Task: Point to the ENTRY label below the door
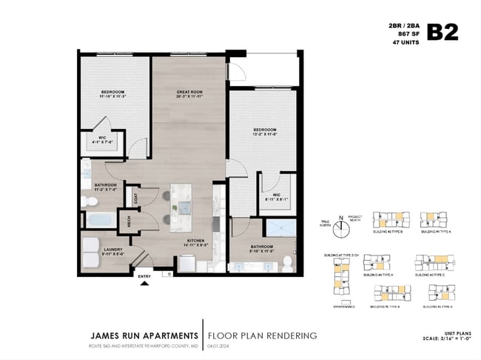click(144, 278)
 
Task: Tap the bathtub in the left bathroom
click(99, 219)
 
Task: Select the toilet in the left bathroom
click(87, 200)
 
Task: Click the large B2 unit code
click(443, 32)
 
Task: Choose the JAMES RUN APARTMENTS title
click(140, 336)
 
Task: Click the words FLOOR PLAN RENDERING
click(263, 336)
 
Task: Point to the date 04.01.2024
click(218, 346)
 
